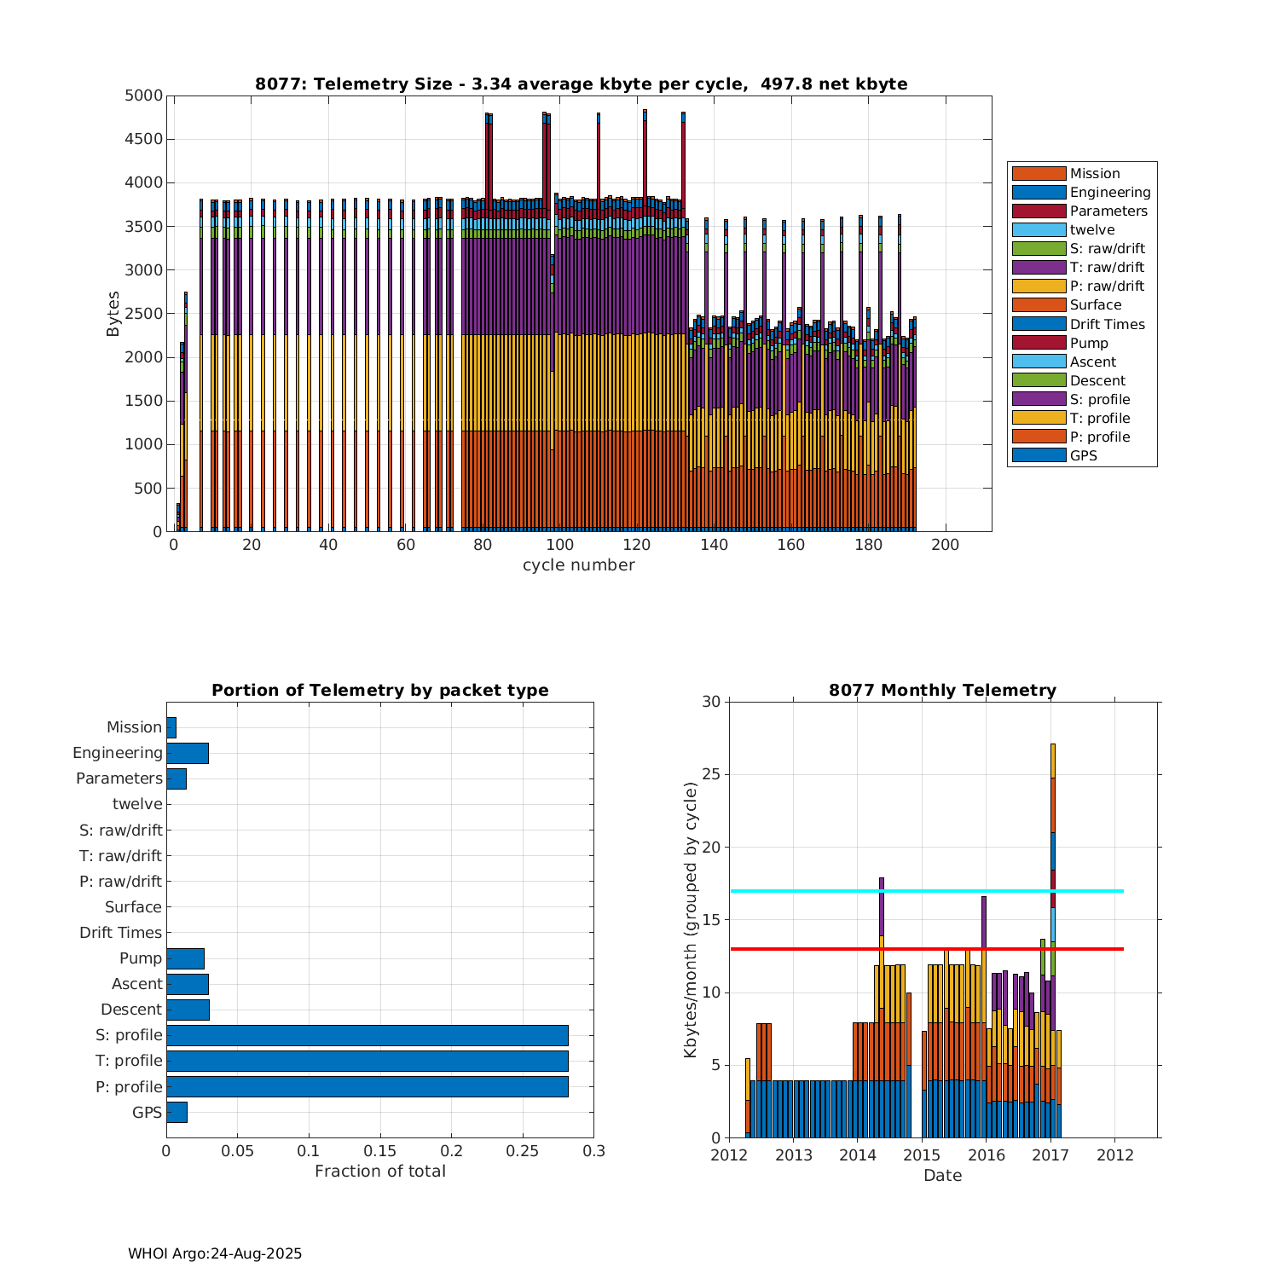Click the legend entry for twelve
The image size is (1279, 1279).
click(1092, 229)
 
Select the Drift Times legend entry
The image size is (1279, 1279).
click(1107, 324)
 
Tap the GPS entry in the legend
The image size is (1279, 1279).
click(1083, 455)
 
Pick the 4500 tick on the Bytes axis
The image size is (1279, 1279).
click(144, 139)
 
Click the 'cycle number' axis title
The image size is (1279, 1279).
click(578, 565)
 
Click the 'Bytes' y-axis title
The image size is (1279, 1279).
click(113, 314)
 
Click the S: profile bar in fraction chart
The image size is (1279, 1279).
click(367, 1035)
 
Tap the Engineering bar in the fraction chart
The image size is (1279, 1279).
click(188, 753)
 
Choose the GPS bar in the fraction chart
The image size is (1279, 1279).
click(177, 1112)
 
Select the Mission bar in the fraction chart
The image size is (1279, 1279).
click(171, 727)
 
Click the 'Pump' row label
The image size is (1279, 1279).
click(141, 958)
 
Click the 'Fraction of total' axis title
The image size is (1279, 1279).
click(380, 1172)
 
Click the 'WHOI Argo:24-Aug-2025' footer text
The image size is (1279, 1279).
click(215, 1253)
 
